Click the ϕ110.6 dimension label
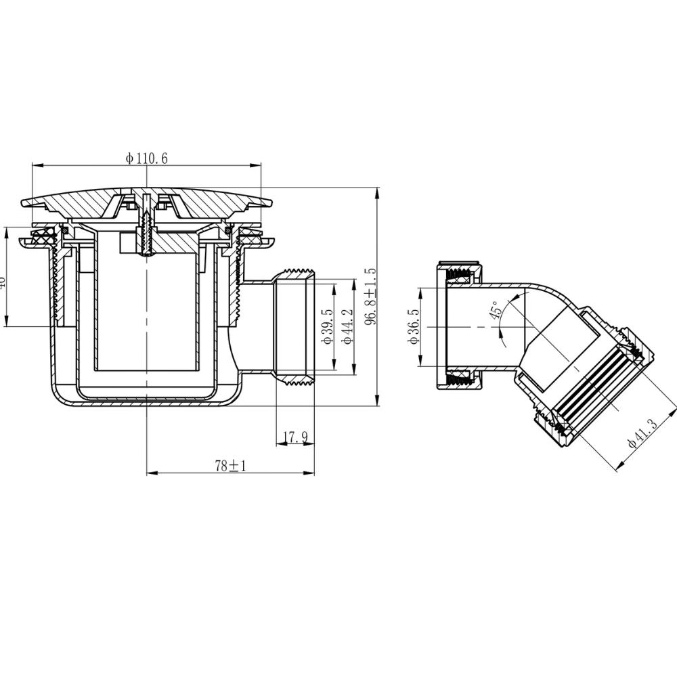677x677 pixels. (146, 158)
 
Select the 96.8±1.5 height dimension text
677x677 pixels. (370, 297)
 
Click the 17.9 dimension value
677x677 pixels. (295, 438)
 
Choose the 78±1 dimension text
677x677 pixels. (230, 466)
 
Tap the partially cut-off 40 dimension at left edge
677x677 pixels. (3, 279)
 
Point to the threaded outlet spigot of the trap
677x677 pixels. (296, 325)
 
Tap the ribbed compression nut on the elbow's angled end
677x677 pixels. (592, 386)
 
